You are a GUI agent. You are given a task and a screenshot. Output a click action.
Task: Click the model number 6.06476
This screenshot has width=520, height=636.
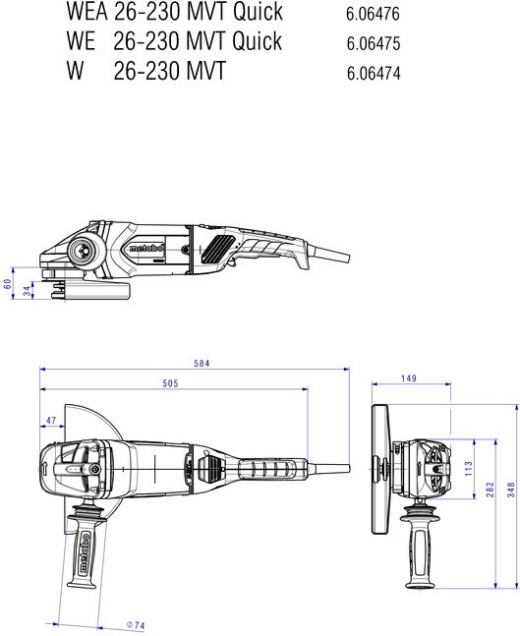(x=373, y=14)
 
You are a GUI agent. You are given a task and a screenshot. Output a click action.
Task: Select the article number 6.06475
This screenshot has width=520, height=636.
(x=374, y=44)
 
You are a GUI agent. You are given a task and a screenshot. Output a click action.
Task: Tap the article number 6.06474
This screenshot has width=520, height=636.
(x=374, y=74)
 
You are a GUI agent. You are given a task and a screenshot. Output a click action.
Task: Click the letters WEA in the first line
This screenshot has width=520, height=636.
(x=87, y=12)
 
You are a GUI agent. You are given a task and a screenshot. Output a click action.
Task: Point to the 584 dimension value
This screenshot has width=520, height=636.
(x=202, y=364)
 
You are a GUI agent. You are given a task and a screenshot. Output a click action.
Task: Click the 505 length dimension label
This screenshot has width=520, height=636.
(x=170, y=383)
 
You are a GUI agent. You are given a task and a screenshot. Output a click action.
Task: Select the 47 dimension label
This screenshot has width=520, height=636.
(x=51, y=420)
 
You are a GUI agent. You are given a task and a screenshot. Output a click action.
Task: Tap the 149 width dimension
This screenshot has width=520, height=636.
(x=409, y=378)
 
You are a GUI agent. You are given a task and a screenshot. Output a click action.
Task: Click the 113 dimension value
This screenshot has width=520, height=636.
(x=469, y=469)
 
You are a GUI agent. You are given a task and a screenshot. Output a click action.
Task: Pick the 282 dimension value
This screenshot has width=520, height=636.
(x=490, y=490)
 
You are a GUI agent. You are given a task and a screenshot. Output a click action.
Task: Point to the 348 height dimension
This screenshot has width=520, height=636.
(x=511, y=490)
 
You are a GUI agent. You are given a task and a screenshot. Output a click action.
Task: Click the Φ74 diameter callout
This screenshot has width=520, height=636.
(x=136, y=625)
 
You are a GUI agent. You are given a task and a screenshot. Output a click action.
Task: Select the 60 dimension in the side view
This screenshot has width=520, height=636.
(x=7, y=284)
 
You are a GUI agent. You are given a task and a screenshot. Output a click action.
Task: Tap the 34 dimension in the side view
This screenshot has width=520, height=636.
(x=28, y=291)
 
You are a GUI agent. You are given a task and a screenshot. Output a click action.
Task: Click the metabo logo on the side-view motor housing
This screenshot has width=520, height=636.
(x=146, y=248)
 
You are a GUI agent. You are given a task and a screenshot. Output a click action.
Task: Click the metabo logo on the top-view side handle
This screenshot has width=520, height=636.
(x=85, y=552)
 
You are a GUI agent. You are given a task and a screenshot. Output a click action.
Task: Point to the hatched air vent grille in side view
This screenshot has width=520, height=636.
(x=218, y=248)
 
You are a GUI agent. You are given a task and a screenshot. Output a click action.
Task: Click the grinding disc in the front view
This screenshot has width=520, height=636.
(x=380, y=469)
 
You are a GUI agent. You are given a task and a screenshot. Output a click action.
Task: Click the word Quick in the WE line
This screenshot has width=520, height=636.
(x=258, y=41)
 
